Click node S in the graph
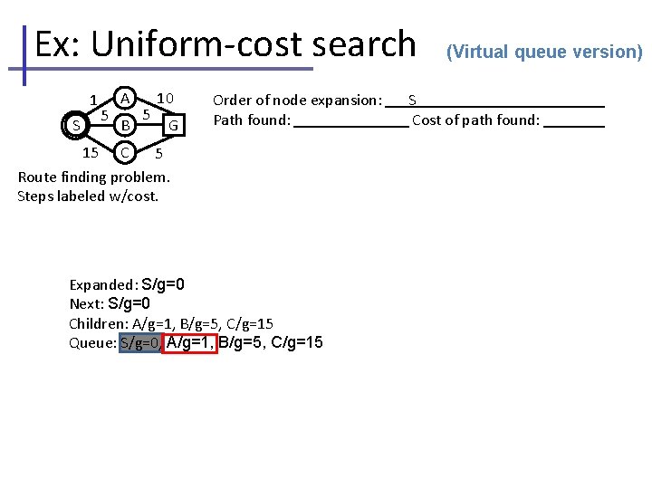click(77, 124)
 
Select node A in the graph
click(127, 96)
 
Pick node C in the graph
click(127, 150)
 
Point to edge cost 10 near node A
click(165, 97)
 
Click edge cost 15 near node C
click(90, 152)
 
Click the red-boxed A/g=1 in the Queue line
click(190, 342)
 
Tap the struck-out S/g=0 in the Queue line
click(140, 342)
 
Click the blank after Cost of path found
click(574, 120)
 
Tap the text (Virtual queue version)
click(544, 52)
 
